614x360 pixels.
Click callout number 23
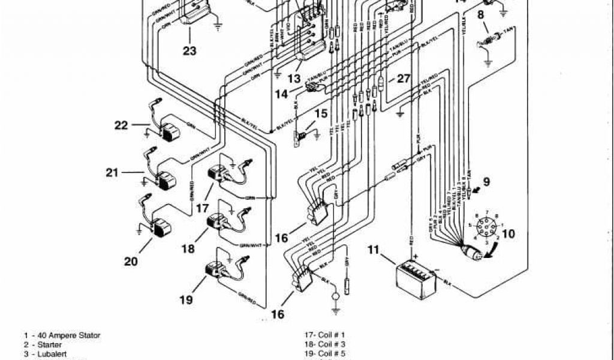189,52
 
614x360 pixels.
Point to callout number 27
404,79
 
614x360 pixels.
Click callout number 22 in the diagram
121,125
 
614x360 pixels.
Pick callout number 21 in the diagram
112,173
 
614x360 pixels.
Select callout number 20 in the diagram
131,261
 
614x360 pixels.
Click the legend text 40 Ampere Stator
67,335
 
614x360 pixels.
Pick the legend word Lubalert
51,355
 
